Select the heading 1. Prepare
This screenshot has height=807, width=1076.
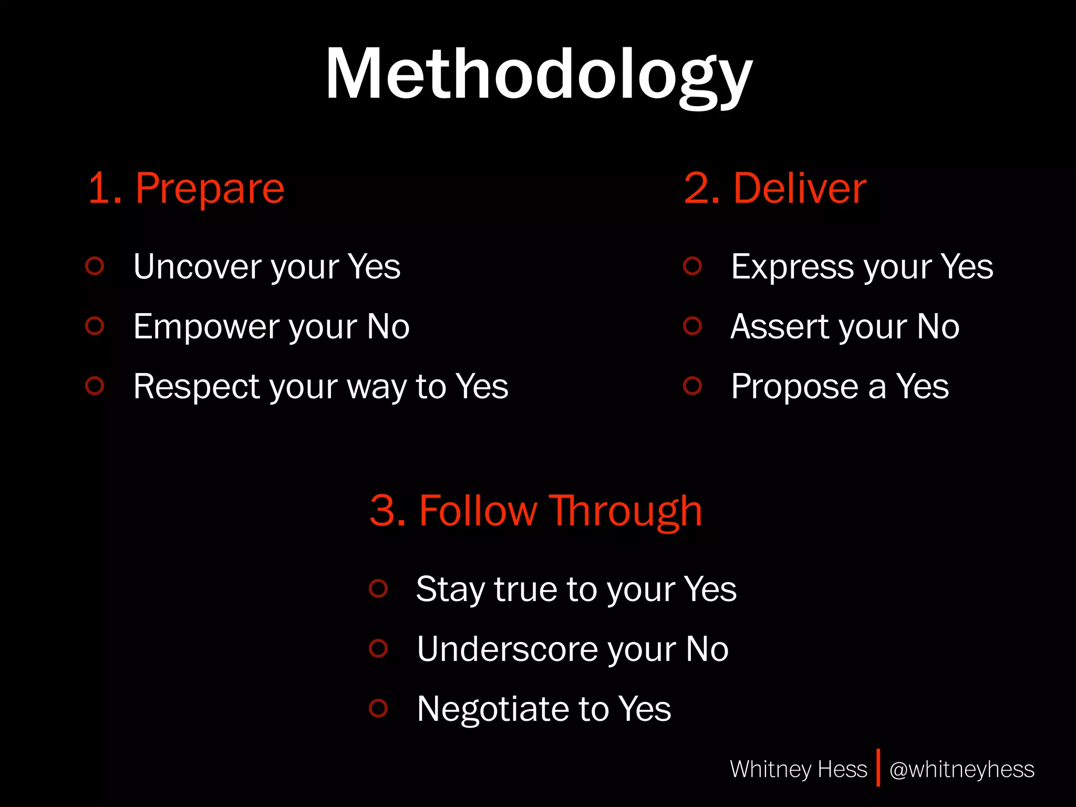click(186, 188)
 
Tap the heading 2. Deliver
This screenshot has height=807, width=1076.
click(774, 188)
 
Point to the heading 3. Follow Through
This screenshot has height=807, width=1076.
click(535, 511)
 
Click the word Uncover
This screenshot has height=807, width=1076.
click(198, 266)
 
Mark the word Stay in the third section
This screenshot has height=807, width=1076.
click(450, 589)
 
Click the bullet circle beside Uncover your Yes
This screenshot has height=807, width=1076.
click(95, 266)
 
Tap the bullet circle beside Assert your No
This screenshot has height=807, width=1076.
click(692, 326)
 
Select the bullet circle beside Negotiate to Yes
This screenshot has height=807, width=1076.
click(378, 708)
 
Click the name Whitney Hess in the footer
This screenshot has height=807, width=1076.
click(798, 769)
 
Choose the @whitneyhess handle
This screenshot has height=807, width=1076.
click(961, 769)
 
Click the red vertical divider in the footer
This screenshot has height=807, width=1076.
click(878, 768)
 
